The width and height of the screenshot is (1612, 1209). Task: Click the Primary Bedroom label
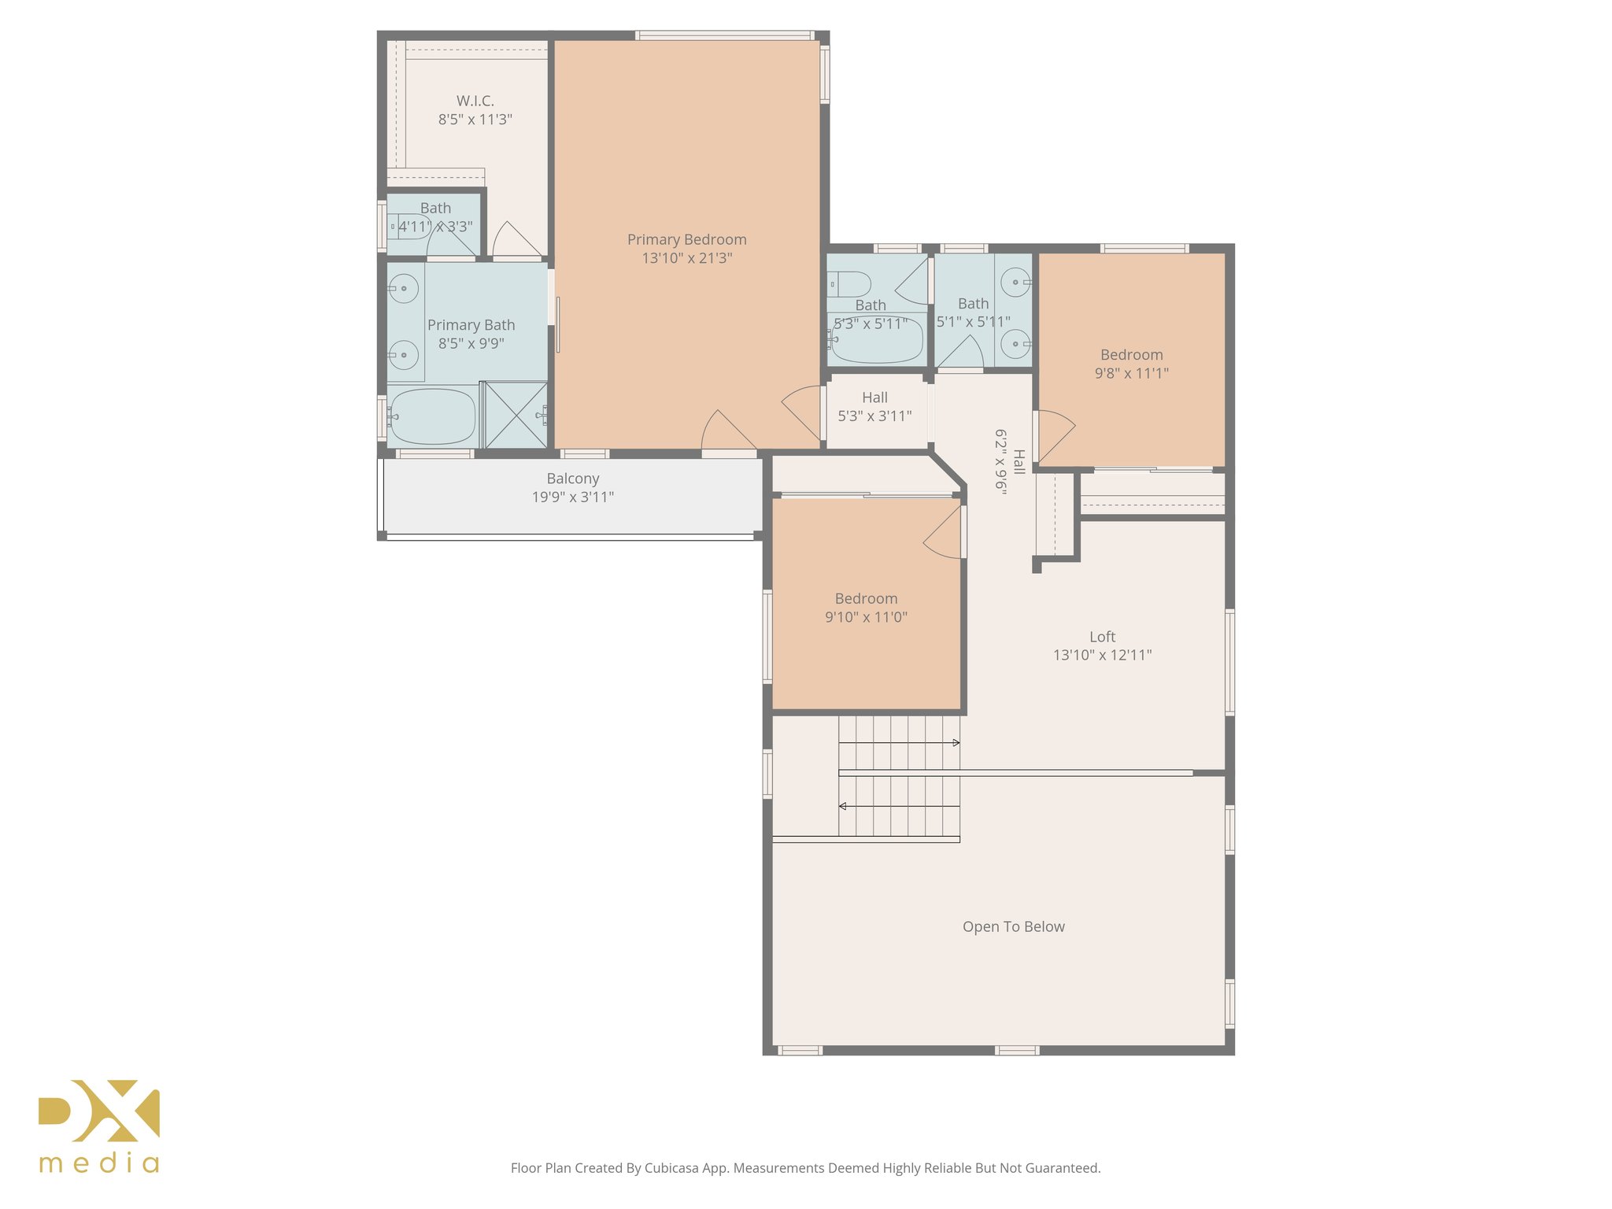coord(686,239)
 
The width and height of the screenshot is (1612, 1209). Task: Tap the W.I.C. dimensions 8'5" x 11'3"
coord(475,120)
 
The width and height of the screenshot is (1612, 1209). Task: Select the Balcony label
coord(572,479)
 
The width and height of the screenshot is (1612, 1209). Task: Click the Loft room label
coord(1102,637)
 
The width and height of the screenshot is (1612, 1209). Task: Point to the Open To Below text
coord(1013,927)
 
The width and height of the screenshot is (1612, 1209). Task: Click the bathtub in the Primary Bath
coord(433,416)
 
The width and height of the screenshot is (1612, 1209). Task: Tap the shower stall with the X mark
coord(516,415)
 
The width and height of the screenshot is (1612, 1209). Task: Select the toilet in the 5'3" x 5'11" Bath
coord(850,283)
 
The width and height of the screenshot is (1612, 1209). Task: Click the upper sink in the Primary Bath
coord(404,288)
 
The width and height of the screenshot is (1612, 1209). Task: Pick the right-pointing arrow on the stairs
coord(956,742)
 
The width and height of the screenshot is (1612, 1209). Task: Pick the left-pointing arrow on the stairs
coord(843,806)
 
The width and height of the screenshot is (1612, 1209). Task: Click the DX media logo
coord(100,1126)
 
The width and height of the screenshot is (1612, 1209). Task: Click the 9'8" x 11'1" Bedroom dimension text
coord(1131,374)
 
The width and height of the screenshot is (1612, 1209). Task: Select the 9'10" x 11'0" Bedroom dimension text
coord(866,618)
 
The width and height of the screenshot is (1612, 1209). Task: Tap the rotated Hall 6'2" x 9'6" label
coord(1009,460)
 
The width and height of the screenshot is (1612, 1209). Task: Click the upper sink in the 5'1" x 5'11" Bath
coord(1015,282)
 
